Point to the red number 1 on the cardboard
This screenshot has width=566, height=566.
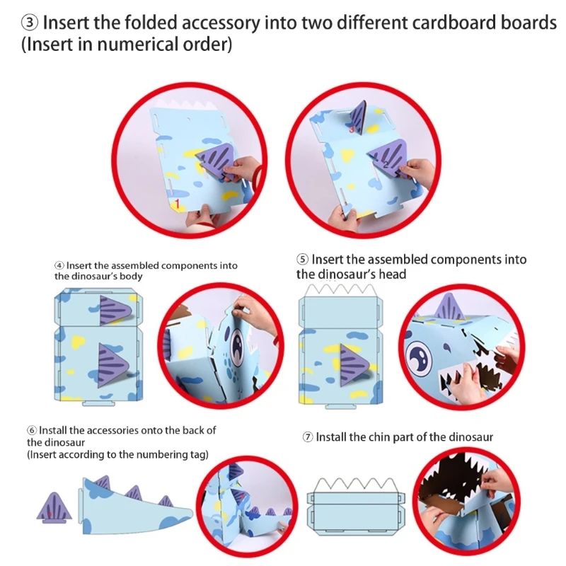pos(178,204)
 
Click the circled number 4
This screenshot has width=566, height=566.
pos(59,266)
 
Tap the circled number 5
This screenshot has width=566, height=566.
pos(302,260)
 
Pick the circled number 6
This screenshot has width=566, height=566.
pos(31,430)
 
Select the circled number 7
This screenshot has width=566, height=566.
pos(308,437)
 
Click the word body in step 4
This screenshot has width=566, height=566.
pos(130,276)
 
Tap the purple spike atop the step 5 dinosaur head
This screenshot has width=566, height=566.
pos(449,308)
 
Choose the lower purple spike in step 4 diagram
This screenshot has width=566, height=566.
pos(112,359)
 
